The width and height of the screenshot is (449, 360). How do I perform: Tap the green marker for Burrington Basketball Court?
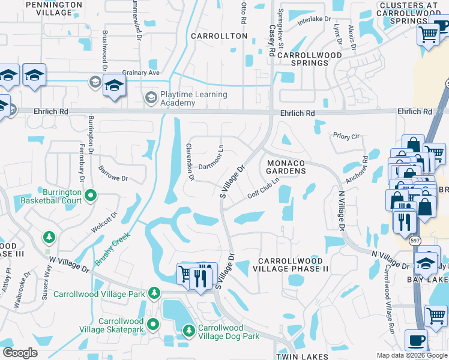pyautogui.click(x=91, y=194)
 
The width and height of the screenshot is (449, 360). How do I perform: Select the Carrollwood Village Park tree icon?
pyautogui.click(x=155, y=293)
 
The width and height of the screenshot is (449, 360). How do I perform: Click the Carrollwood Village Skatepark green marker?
pyautogui.click(x=153, y=325)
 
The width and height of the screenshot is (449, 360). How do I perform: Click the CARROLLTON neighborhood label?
pyautogui.click(x=219, y=36)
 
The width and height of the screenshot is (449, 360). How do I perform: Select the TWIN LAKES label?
pyautogui.click(x=300, y=356)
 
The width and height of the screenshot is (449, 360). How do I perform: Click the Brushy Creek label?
pyautogui.click(x=113, y=250)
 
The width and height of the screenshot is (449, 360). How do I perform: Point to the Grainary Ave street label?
pyautogui.click(x=142, y=73)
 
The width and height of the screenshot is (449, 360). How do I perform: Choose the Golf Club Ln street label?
pyautogui.click(x=264, y=188)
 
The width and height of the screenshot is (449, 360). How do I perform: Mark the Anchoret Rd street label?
pyautogui.click(x=358, y=171)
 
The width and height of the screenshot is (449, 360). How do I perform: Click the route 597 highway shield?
pyautogui.click(x=415, y=241)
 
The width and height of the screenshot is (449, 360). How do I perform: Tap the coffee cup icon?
pyautogui.click(x=416, y=341)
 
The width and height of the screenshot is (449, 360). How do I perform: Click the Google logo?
pyautogui.click(x=20, y=353)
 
